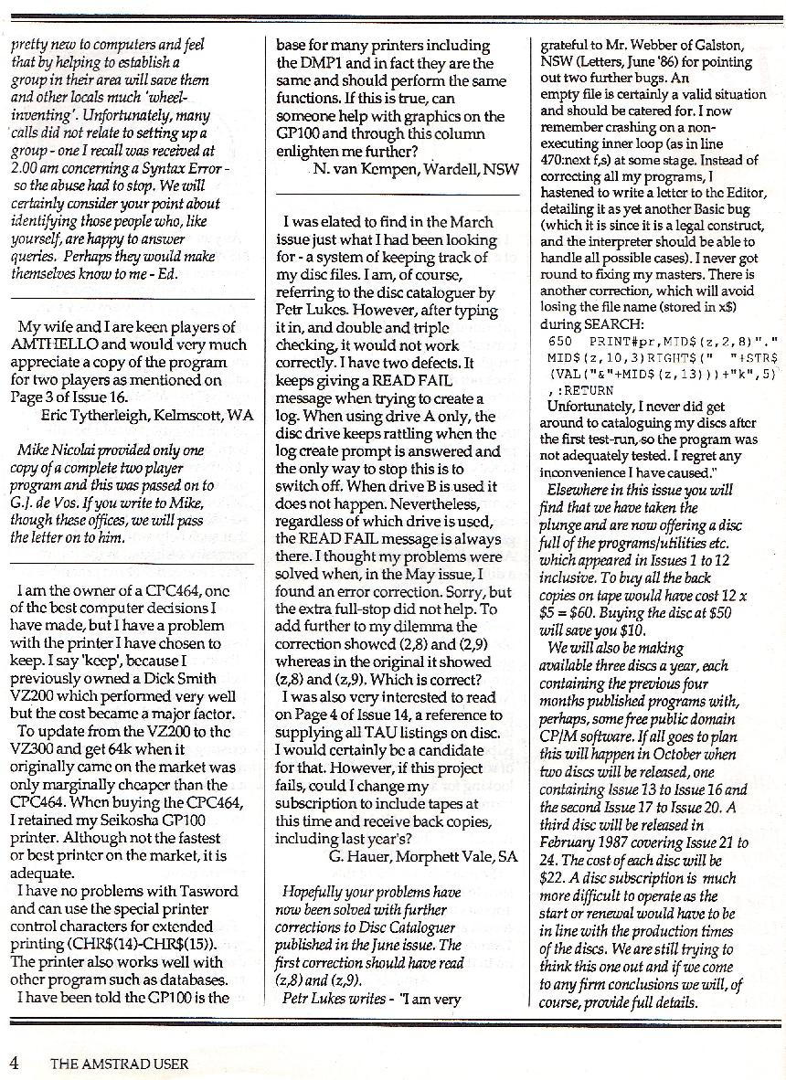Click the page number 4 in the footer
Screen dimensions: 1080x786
point(14,1062)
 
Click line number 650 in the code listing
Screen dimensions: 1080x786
point(560,341)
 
